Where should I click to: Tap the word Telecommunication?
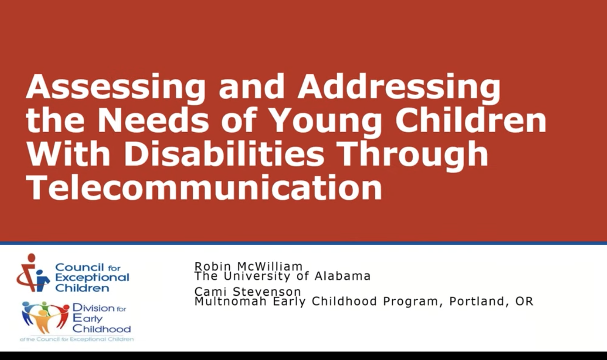204,187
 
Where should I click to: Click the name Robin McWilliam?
249,266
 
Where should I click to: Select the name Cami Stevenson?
248,292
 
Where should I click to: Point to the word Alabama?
343,276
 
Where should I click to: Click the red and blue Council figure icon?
33,273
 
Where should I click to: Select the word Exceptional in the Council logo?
92,278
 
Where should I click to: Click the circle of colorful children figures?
45,317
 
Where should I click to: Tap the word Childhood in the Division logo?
101,329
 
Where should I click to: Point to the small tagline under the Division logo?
77,340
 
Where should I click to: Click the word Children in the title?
471,120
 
